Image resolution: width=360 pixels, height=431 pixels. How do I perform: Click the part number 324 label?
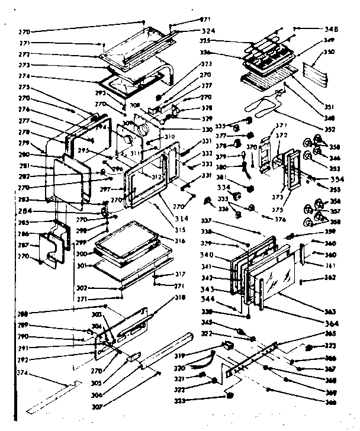191,30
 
